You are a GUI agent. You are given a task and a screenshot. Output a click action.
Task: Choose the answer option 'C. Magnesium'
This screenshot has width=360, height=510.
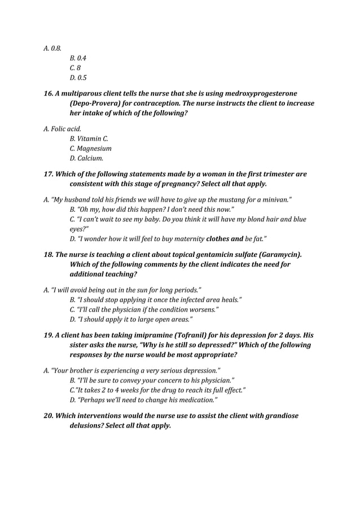point(90,149)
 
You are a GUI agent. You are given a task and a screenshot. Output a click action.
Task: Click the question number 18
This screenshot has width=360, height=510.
point(50,255)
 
